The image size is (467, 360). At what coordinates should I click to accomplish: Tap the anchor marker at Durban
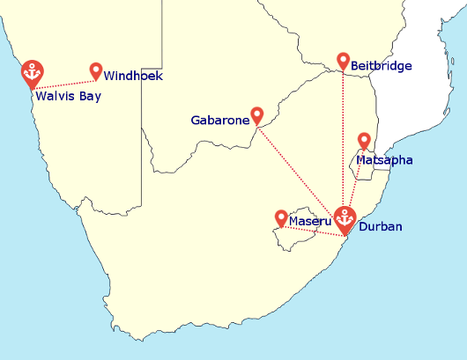coord(345,218)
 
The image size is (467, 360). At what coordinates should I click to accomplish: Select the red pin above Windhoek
coord(96,70)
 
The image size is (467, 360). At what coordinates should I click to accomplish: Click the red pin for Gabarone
coord(256,114)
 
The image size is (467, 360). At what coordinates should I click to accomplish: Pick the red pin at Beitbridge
coord(344,60)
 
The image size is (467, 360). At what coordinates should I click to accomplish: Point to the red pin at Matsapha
coord(364,140)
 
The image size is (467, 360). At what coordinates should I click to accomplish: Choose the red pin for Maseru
coord(281,217)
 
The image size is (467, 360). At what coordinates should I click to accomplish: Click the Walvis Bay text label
coord(68,96)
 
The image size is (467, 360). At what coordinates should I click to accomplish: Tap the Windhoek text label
coord(133,77)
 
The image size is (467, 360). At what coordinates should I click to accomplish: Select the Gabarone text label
coord(220,120)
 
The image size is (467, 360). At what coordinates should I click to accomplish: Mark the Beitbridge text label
coord(381,66)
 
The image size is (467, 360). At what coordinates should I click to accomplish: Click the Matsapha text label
coord(384,160)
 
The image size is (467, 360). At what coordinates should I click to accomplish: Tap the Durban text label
coord(381,227)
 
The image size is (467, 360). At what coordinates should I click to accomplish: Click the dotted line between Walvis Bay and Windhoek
coord(66,82)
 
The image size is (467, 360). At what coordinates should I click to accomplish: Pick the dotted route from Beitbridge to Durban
coord(344,141)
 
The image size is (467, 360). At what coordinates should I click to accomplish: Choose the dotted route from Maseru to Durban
coord(313,231)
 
